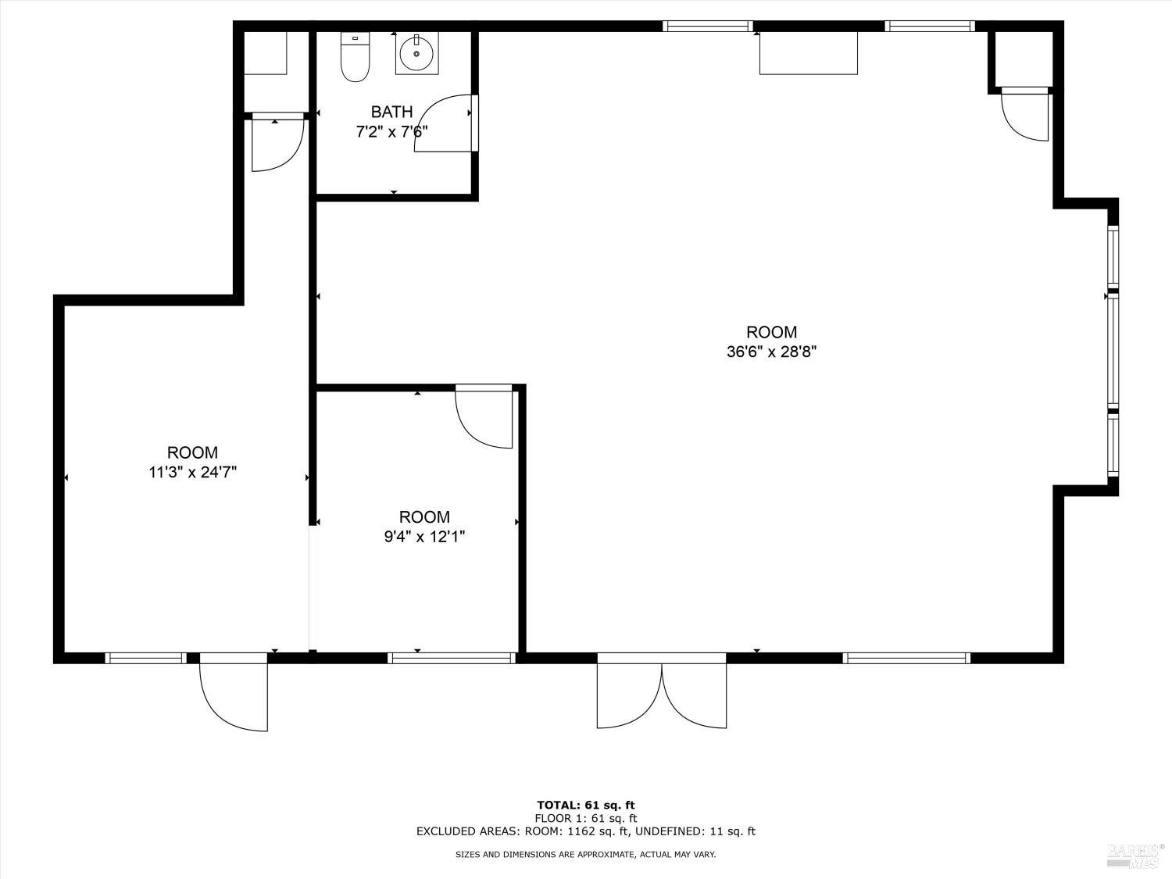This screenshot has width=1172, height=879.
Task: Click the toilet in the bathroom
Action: coord(355,59)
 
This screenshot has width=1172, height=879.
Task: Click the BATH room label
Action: coord(391,112)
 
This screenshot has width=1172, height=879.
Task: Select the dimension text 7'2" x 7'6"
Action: coord(391,132)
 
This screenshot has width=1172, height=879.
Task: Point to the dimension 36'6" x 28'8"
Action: coord(771,352)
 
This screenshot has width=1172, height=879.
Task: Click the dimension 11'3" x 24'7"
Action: coord(192,472)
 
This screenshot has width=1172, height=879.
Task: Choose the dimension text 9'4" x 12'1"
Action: coord(424,537)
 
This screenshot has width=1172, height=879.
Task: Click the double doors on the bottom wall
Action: coord(662,694)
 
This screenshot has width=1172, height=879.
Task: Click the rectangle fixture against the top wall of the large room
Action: coord(809,53)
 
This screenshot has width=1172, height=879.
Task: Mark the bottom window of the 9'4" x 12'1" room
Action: coord(452,658)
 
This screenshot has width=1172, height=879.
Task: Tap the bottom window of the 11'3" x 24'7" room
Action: coord(146,658)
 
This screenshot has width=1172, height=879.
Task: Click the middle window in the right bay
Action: coord(1113,352)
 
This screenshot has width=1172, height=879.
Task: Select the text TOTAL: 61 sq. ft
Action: coord(585,805)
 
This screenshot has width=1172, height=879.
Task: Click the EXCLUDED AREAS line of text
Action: coord(585,831)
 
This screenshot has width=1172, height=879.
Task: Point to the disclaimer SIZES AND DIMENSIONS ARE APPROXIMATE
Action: coord(585,855)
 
